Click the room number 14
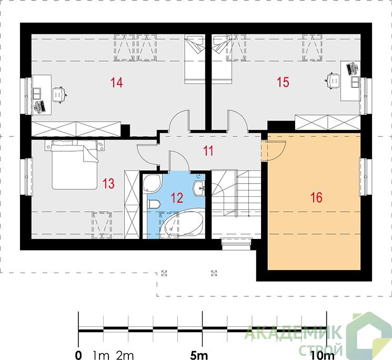pos(117,83)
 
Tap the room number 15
pos(283,82)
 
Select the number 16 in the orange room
pos(316,197)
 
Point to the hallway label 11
pos(208,151)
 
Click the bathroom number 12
pos(177,197)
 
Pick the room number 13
pos(108,183)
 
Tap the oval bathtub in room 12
pos(181,223)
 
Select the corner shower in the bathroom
pos(152,184)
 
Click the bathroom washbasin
pos(199,188)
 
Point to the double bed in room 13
pos(74,165)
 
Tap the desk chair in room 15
pos(333,81)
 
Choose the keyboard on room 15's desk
pos(351,69)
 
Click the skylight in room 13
pos(102,225)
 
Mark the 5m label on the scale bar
pos(199,355)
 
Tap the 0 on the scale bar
pos(78,355)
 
